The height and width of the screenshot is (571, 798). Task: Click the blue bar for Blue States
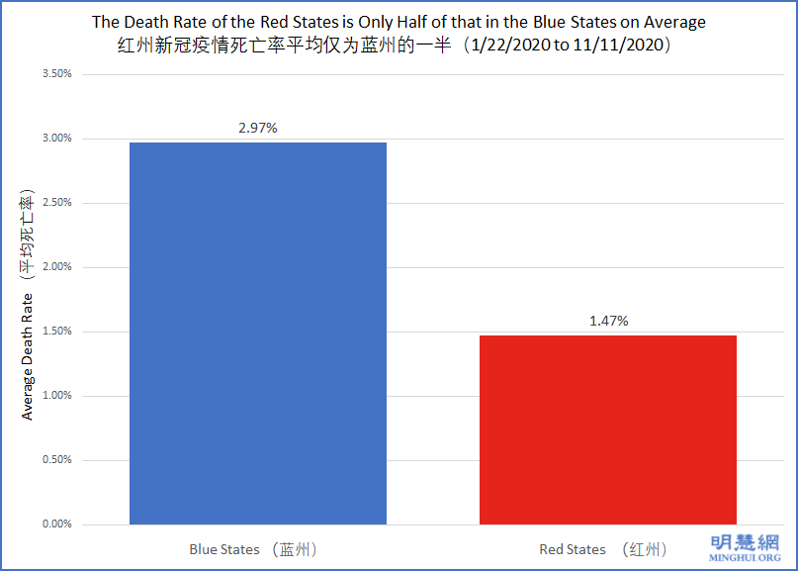tap(258, 333)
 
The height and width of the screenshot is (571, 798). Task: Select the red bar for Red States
tap(607, 429)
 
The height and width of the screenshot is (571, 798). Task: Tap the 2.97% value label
tap(258, 128)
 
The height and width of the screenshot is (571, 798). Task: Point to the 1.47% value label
tap(607, 321)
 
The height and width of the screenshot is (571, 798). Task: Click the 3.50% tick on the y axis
tap(55, 74)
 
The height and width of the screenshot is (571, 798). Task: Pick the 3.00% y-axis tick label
tap(55, 139)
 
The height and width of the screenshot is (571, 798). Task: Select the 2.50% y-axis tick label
tap(55, 203)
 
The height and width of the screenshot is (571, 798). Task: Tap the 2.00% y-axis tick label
tap(55, 267)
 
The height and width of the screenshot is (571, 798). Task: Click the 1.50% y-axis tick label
tap(55, 332)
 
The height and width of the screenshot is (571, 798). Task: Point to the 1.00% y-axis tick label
tap(55, 396)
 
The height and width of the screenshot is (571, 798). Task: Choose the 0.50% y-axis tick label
tap(55, 460)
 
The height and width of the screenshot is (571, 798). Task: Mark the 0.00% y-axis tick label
tap(55, 524)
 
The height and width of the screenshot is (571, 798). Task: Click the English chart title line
tap(399, 22)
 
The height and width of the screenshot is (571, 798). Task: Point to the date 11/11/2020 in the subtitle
tap(619, 46)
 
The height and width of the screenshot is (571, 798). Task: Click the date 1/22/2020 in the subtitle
tap(519, 46)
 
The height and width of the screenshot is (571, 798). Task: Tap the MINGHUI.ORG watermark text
tap(747, 557)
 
